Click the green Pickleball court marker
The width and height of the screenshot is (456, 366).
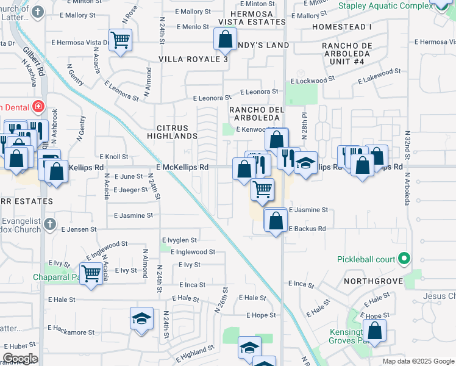(x=404, y=259)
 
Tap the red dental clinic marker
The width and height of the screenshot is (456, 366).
(x=38, y=107)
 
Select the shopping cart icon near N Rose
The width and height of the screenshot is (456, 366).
(x=120, y=40)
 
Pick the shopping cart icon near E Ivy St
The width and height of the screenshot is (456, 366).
(x=91, y=272)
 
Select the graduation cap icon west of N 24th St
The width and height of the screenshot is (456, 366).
(x=141, y=318)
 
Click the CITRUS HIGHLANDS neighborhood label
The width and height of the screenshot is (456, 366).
(x=177, y=131)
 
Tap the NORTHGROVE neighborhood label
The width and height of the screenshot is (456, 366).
(x=372, y=281)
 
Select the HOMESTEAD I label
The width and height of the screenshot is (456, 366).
(x=341, y=27)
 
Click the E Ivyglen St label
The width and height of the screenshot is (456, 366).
(x=179, y=240)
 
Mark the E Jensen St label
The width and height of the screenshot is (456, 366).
(x=79, y=229)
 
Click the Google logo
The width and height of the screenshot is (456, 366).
(x=20, y=359)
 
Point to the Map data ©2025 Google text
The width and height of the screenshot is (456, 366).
(x=418, y=361)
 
